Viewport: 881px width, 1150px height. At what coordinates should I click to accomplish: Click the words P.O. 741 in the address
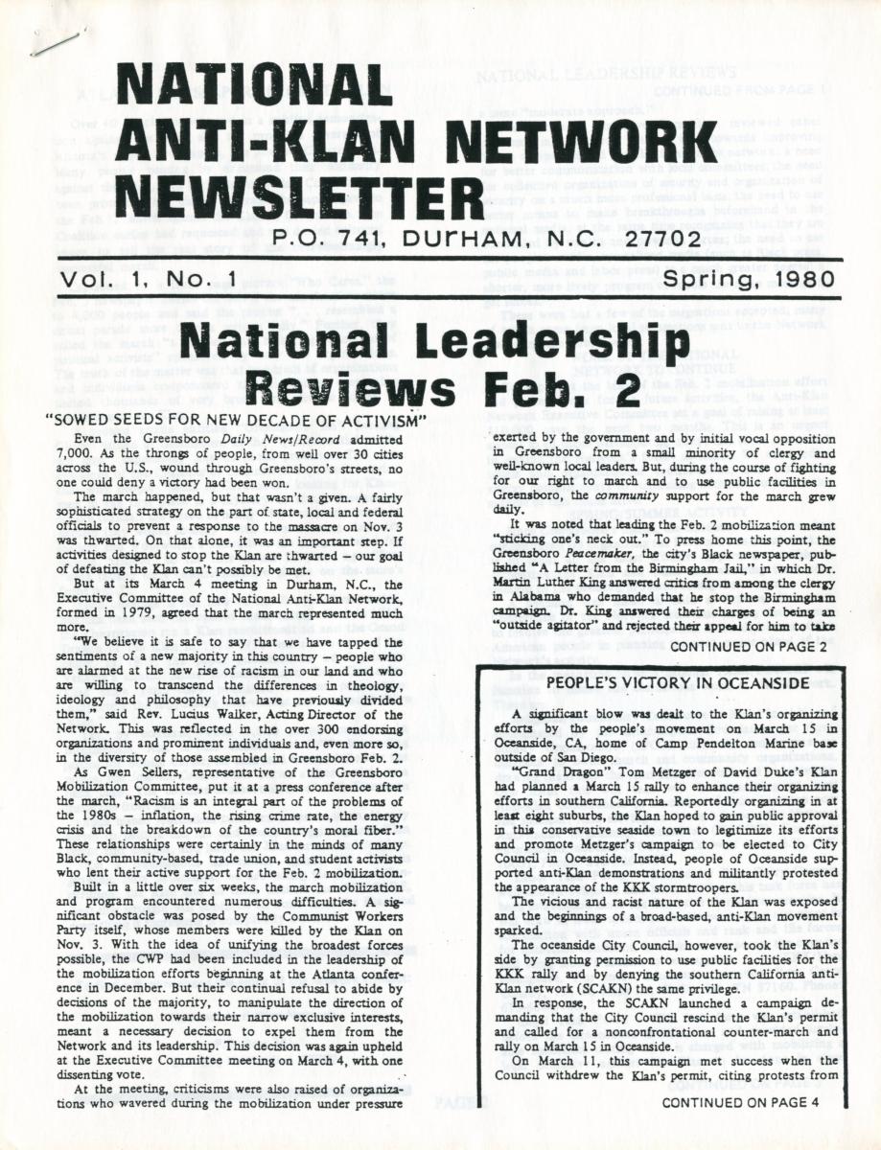point(319,239)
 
